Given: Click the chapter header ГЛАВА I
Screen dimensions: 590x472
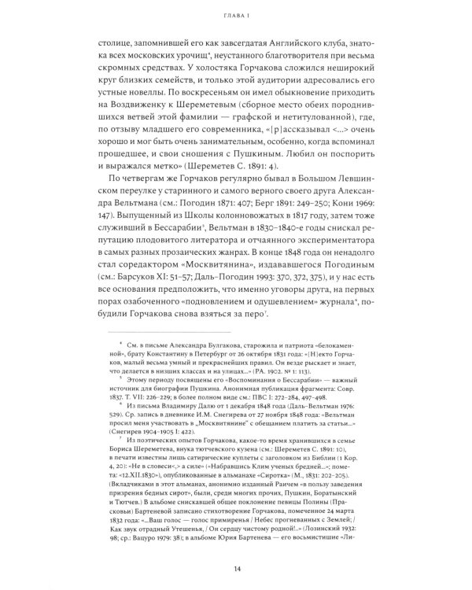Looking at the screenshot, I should [x=236, y=15].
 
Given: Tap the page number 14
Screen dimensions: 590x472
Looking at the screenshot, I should [x=236, y=570].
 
